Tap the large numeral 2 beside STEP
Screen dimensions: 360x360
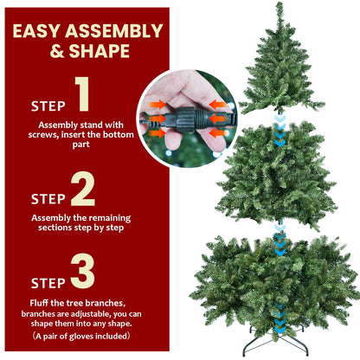[x=83, y=188]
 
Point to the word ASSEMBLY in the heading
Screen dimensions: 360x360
[x=117, y=32]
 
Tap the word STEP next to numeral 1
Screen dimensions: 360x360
[x=48, y=106]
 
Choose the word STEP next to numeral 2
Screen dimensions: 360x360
[x=48, y=198]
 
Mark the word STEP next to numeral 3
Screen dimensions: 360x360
[x=48, y=283]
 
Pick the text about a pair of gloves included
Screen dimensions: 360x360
[x=82, y=334]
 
